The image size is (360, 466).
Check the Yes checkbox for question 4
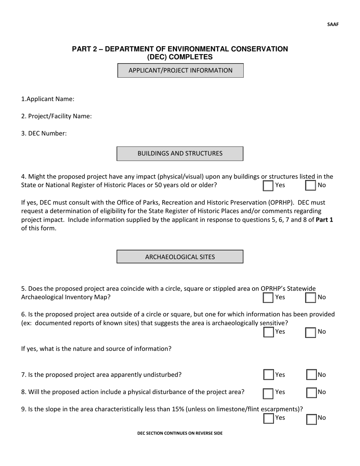[268, 186]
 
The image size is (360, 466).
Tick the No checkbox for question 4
[310, 186]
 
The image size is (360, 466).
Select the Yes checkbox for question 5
[268, 298]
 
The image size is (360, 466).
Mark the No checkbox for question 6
[310, 332]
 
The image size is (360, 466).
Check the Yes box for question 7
[268, 375]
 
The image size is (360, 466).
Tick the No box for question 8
[311, 393]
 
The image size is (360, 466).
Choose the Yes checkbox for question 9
[268, 418]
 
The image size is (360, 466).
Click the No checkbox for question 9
[311, 419]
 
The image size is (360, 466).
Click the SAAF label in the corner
[333, 25]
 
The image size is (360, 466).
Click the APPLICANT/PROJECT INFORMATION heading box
[180, 70]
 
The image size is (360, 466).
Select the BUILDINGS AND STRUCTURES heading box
[180, 153]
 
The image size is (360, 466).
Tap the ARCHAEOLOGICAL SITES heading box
[180, 257]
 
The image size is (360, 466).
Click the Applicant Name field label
[48, 99]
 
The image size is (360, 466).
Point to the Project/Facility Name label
[56, 116]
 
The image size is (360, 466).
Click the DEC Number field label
[44, 133]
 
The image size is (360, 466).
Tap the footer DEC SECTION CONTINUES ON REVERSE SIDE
[180, 433]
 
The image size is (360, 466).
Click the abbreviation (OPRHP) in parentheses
[281, 203]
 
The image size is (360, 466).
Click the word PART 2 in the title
[85, 49]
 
